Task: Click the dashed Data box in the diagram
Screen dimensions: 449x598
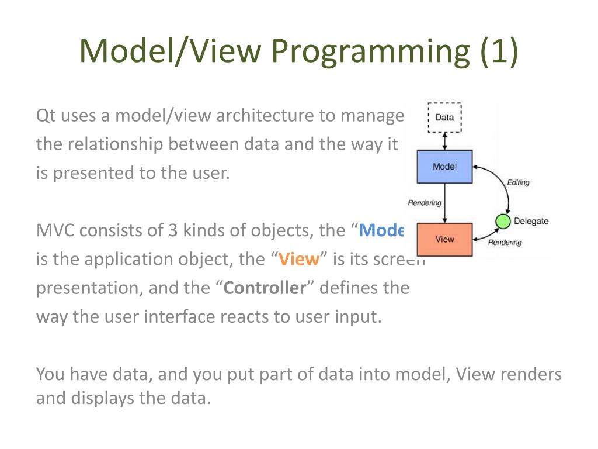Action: click(x=444, y=118)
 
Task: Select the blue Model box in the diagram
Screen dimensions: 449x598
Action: click(x=444, y=167)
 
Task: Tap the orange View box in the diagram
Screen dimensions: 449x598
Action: click(x=444, y=239)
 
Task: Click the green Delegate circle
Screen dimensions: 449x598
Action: click(x=502, y=222)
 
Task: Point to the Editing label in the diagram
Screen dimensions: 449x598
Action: click(x=518, y=182)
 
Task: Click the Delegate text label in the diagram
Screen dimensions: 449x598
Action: click(x=531, y=221)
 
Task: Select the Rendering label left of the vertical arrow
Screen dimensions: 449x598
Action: click(x=425, y=203)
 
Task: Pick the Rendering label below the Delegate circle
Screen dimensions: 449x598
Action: click(x=505, y=243)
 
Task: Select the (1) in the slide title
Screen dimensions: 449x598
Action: click(x=499, y=51)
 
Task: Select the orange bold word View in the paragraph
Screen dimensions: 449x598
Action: click(x=298, y=260)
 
